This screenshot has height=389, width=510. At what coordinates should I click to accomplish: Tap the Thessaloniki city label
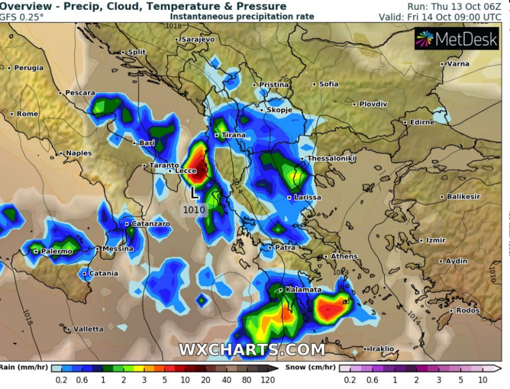tap(331, 158)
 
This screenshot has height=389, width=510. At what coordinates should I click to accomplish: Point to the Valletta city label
tap(88, 329)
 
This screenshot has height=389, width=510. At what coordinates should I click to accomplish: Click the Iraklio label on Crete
tap(382, 348)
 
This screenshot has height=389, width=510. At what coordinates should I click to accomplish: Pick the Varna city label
tap(458, 64)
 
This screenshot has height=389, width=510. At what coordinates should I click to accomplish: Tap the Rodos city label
tap(468, 311)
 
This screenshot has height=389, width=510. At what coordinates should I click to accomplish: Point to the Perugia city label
tap(28, 68)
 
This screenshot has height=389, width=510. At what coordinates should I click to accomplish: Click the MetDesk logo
tap(457, 39)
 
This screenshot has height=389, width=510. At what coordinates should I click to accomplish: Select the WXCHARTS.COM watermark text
tap(252, 350)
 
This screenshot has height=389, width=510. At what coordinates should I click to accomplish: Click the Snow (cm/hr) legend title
tap(310, 368)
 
